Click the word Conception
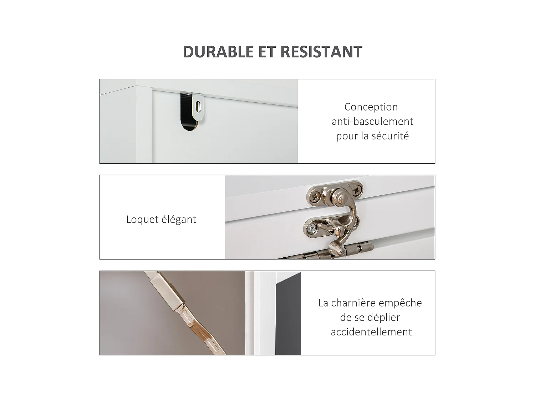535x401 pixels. click(371, 107)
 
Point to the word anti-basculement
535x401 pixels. click(372, 121)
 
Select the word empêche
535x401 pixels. click(400, 303)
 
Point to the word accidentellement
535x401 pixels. click(371, 332)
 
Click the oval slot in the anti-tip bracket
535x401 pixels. click(198, 106)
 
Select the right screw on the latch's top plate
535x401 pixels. click(356, 191)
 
